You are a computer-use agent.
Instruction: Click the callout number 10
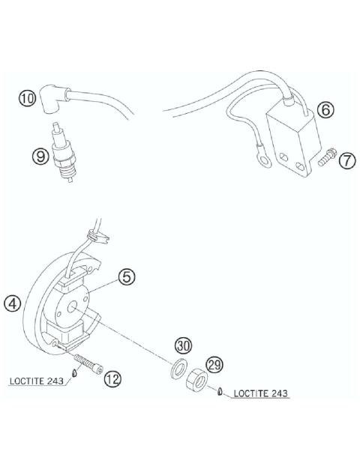27,98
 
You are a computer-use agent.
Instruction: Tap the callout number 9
40,156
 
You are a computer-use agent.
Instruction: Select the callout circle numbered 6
325,109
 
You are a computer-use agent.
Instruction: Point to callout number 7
346,160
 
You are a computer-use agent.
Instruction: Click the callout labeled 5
127,277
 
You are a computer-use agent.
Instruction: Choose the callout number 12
111,379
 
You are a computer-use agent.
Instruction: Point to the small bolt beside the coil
326,159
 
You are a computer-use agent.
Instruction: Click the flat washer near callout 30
178,369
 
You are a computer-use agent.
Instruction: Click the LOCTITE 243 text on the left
37,380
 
